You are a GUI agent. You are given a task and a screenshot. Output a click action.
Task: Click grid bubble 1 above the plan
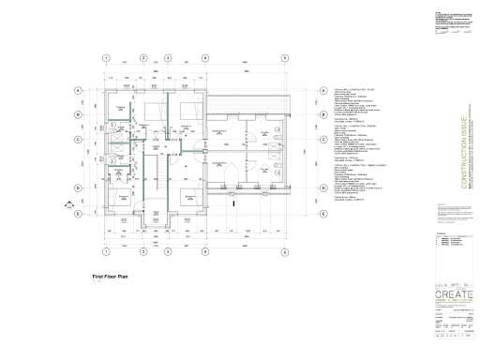coord(106,58)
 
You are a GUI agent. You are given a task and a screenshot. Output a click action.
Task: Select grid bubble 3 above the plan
coord(167,58)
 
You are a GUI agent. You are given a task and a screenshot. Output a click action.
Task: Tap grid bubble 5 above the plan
coord(284,58)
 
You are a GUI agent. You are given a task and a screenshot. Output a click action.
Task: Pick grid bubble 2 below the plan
coord(142,252)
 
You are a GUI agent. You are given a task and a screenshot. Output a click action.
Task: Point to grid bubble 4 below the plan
coord(205,252)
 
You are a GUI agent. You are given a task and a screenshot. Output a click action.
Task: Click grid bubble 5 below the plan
coord(284,252)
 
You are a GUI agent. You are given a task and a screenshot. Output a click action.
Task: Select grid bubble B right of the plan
coord(323,115)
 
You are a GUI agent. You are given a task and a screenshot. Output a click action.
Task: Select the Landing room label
coord(157,148)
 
